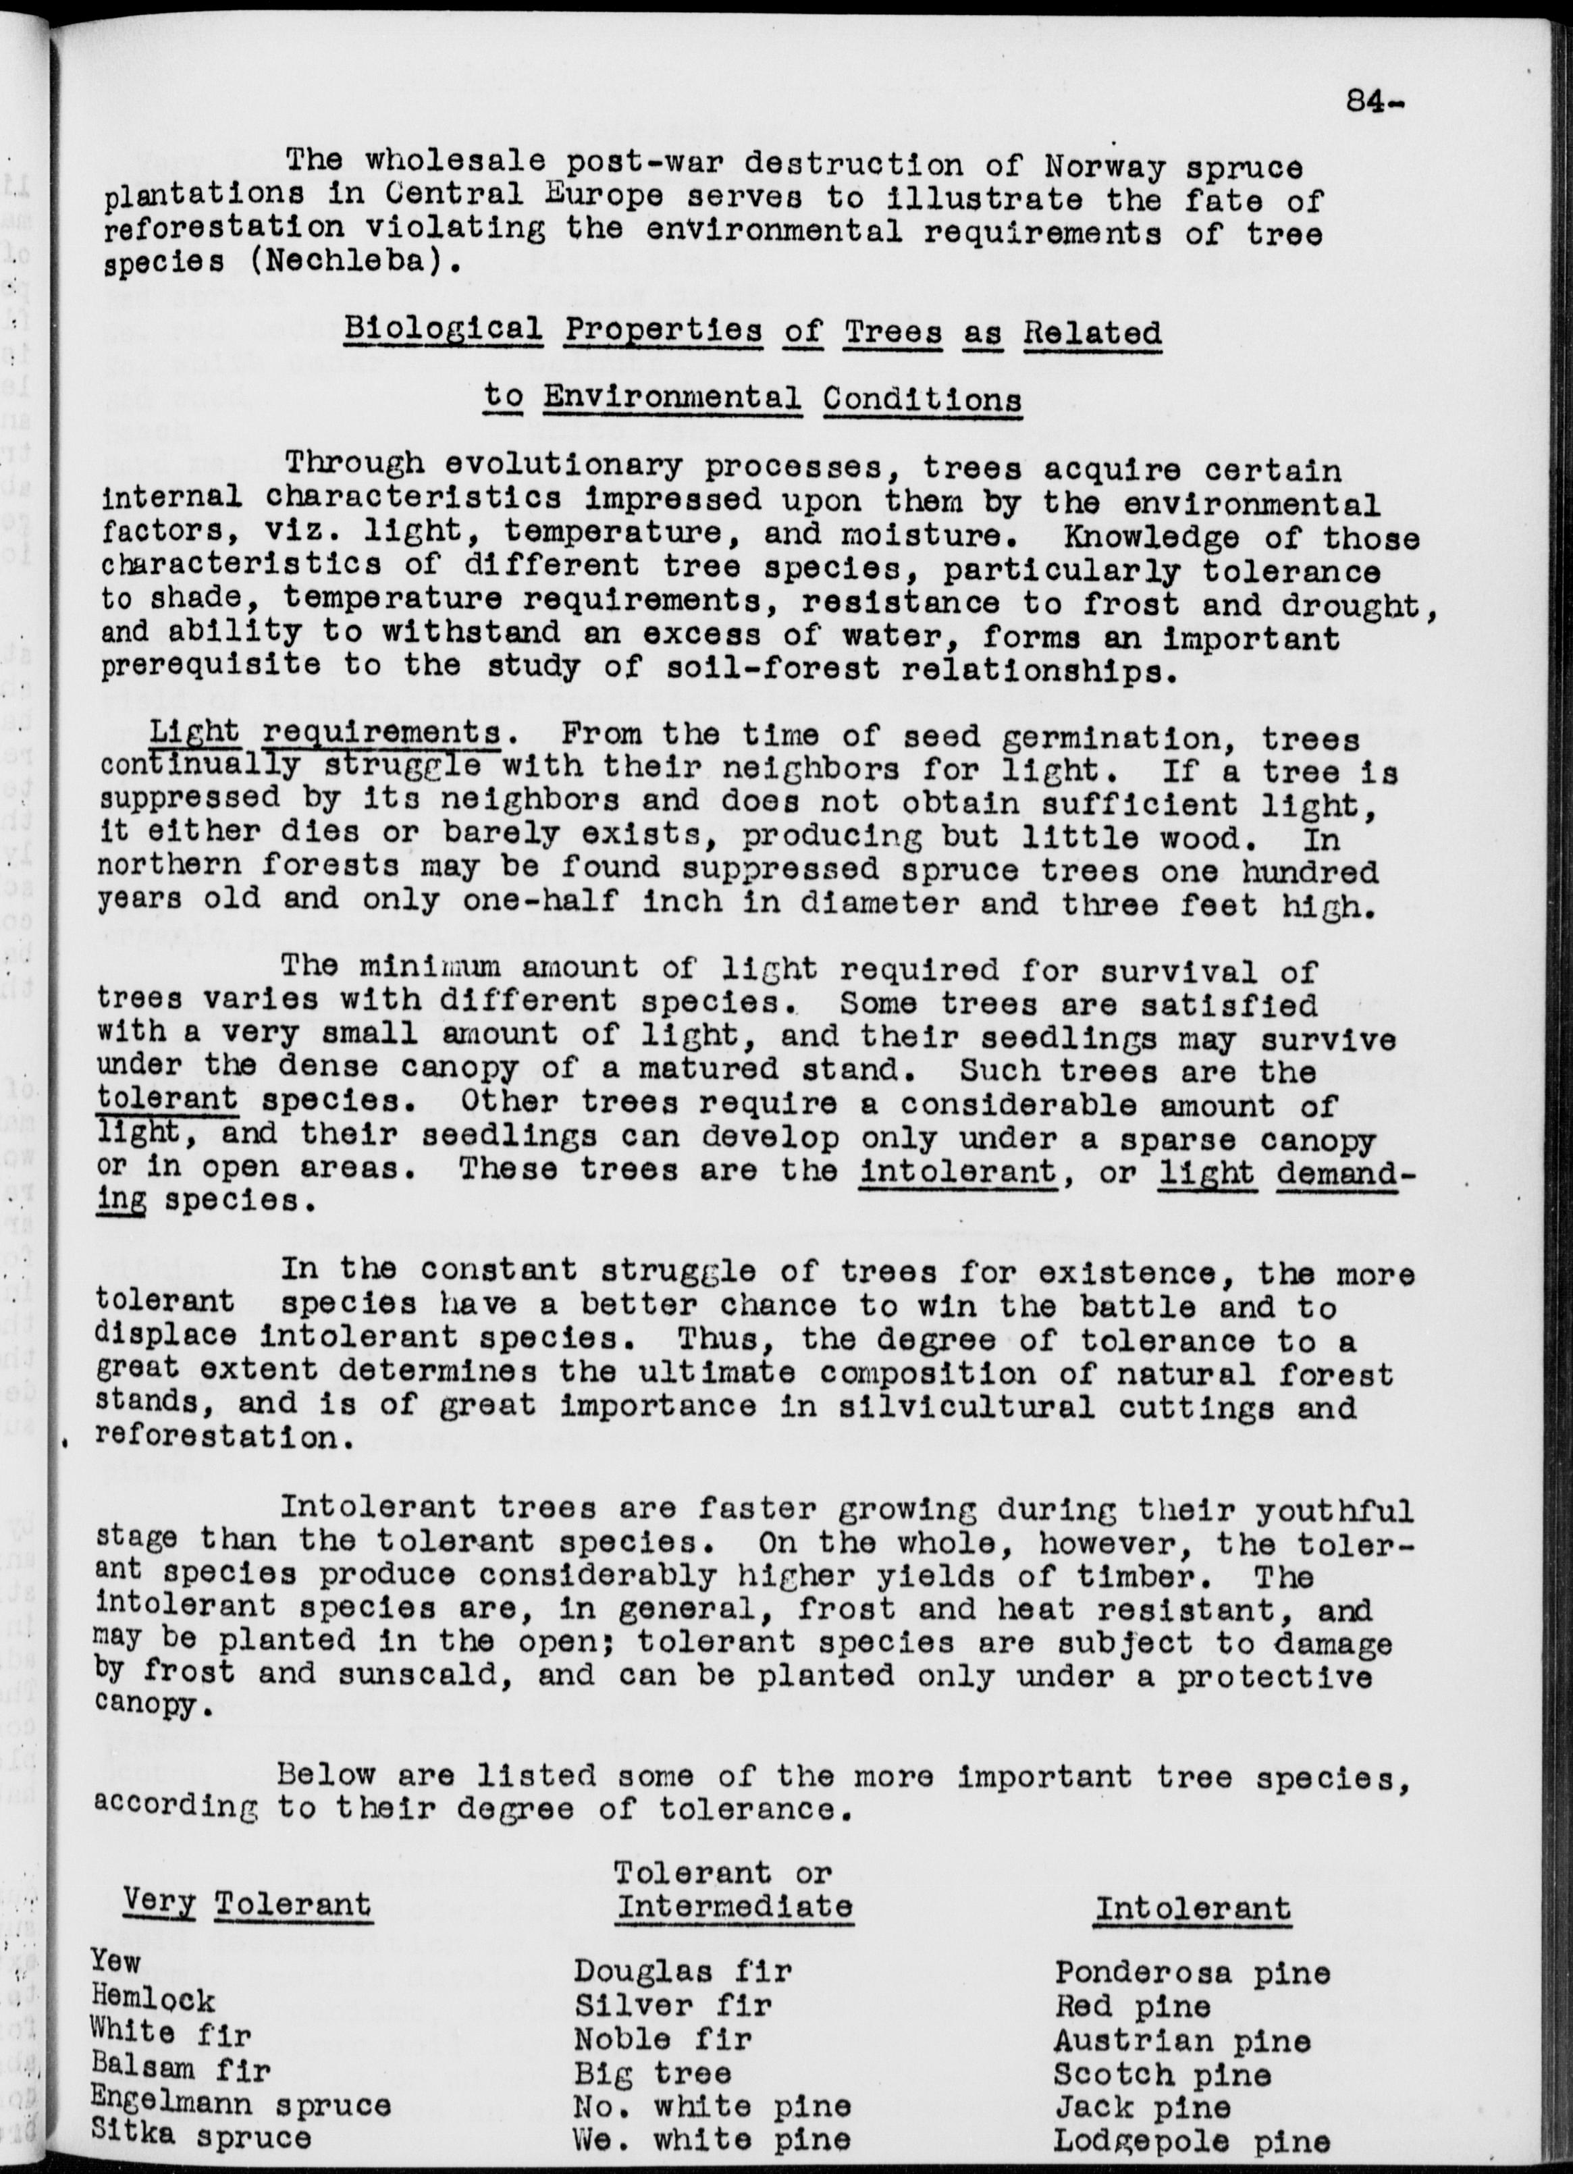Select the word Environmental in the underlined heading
[672, 397]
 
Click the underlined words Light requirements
[325, 733]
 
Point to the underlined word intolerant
[957, 1171]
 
